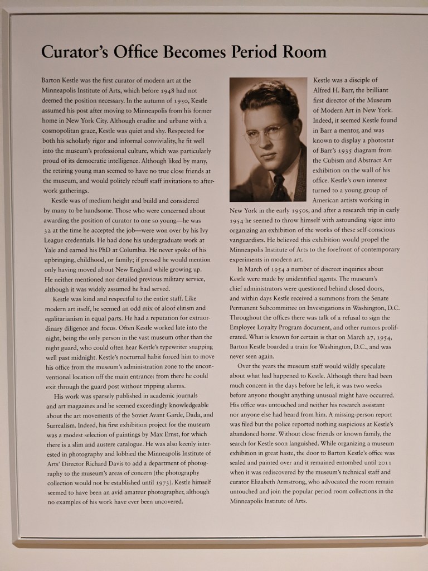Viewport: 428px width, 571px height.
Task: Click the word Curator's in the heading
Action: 75,52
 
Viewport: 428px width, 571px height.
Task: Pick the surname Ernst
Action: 177,434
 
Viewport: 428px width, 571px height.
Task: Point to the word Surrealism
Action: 63,424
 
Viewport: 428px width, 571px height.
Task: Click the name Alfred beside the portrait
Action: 323,90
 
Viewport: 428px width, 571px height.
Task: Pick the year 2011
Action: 384,463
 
